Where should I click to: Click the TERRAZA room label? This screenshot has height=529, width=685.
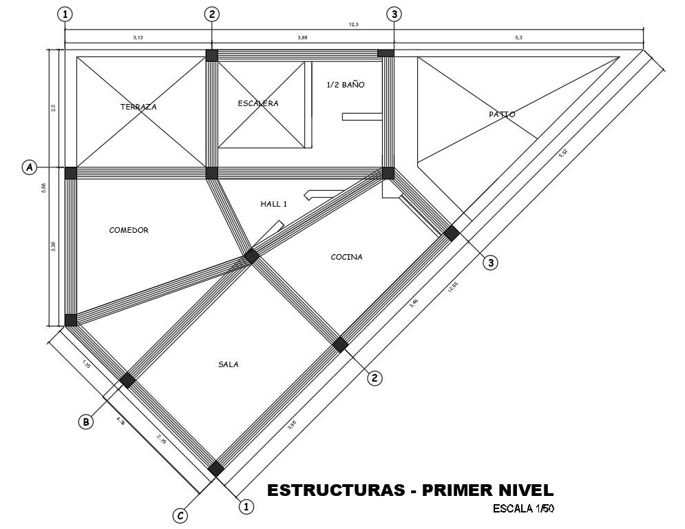138,107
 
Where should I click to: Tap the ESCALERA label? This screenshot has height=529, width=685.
257,103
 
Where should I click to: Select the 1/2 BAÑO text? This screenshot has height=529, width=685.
345,85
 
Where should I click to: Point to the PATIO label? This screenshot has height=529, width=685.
502,114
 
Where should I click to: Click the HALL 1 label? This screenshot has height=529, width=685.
273,204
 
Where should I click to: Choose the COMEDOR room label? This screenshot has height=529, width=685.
129,230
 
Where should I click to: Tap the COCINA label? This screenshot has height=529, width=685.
346,257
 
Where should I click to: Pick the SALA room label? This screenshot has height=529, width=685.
228,364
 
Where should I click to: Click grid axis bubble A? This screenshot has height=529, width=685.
29,167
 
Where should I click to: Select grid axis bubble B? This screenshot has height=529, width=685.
85,422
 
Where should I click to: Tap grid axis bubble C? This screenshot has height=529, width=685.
180,515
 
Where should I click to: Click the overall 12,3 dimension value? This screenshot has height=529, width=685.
354,25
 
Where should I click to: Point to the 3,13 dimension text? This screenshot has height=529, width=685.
138,38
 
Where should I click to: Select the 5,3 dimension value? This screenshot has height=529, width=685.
518,38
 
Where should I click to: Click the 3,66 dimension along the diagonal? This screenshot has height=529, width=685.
293,426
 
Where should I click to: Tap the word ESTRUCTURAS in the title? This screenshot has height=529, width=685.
335,490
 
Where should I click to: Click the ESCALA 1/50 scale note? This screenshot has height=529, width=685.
524,509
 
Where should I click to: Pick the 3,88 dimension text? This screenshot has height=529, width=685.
302,38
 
